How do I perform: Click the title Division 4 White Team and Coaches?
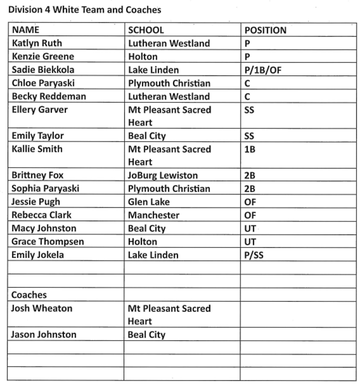coord(84,10)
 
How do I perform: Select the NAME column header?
coord(26,30)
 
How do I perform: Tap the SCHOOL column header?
coord(146,30)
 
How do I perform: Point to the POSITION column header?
coord(265,31)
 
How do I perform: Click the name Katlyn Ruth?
coord(37,43)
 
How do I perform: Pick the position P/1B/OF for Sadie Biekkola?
coord(263,70)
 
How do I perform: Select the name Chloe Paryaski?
coord(43,83)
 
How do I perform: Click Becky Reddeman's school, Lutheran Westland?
coord(169,97)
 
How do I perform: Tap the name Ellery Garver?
coord(40,110)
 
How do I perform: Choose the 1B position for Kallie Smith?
coord(250,149)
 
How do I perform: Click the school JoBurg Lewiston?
coord(163,176)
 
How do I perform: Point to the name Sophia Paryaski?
coord(45,189)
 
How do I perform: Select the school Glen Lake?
coord(149,202)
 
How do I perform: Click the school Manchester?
coord(153,215)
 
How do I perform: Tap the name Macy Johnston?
coord(44,228)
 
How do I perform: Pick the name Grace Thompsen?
coord(48,242)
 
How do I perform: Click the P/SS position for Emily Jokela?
coord(254,255)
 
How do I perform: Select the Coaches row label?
coord(29,295)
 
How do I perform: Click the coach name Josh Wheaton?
coord(42,308)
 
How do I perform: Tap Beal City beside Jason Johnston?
coord(147,335)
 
